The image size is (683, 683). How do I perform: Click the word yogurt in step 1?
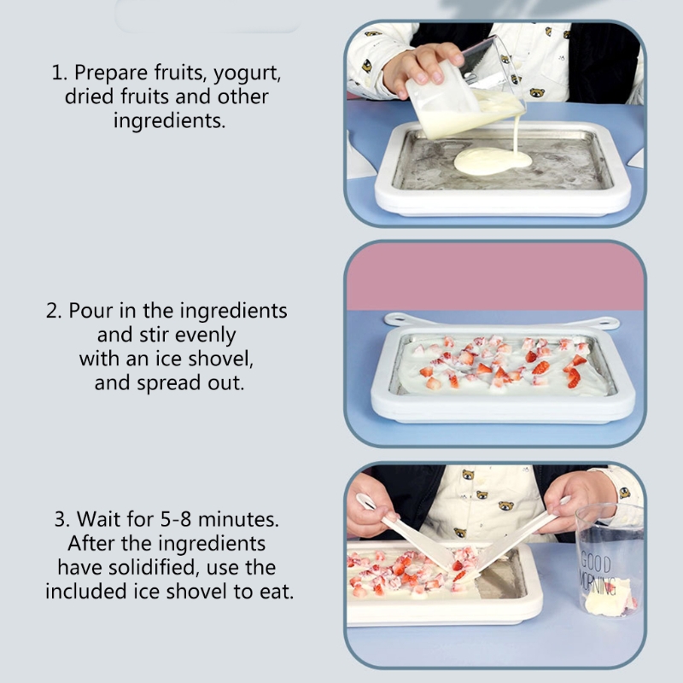[247, 73]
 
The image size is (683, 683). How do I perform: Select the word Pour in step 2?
[91, 311]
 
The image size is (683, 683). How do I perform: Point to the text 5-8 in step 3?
[176, 519]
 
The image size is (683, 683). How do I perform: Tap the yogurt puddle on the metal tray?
[493, 161]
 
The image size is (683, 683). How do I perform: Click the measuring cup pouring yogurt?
[466, 91]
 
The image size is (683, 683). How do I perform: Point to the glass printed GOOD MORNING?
[609, 560]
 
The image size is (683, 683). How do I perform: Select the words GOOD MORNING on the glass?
[597, 573]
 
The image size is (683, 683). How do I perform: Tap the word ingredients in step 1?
[169, 121]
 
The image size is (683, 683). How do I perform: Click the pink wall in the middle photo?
[495, 277]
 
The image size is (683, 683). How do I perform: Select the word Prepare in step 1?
[111, 73]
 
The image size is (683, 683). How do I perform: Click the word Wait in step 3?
[98, 519]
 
